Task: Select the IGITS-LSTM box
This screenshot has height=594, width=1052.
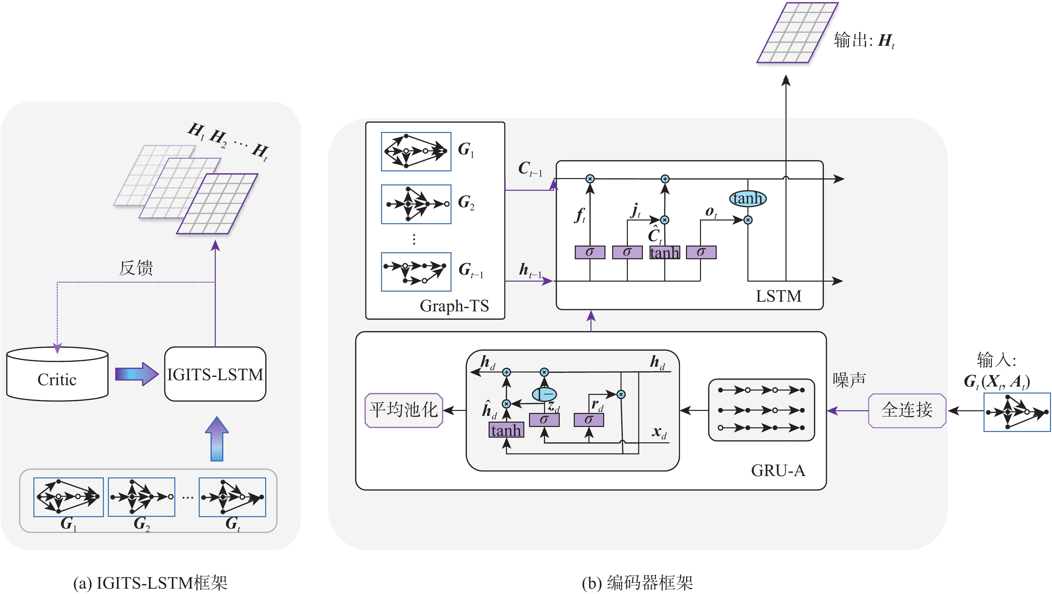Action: [215, 374]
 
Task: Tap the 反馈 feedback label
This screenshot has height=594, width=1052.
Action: [136, 268]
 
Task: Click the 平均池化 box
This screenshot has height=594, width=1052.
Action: [403, 410]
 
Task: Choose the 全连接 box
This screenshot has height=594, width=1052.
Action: [907, 410]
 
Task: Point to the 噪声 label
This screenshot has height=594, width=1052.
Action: [849, 380]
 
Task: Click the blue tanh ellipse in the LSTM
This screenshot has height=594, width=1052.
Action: [747, 198]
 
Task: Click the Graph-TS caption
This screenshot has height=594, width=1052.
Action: [454, 306]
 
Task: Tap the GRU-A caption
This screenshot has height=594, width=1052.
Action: [778, 471]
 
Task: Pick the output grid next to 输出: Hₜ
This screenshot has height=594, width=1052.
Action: [797, 33]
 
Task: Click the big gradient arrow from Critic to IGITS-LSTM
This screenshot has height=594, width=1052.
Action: [136, 374]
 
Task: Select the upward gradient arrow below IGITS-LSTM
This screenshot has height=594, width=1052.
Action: [216, 439]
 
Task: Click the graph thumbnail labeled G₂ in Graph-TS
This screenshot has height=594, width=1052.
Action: [416, 204]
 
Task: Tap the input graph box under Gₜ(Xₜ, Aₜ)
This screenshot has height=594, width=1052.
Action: [1017, 412]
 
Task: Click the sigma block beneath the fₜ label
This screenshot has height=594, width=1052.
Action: [590, 252]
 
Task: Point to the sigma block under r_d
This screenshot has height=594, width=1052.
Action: [588, 420]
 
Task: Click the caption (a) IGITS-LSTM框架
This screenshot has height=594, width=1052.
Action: [150, 583]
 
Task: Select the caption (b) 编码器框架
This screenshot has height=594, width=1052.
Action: [638, 583]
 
